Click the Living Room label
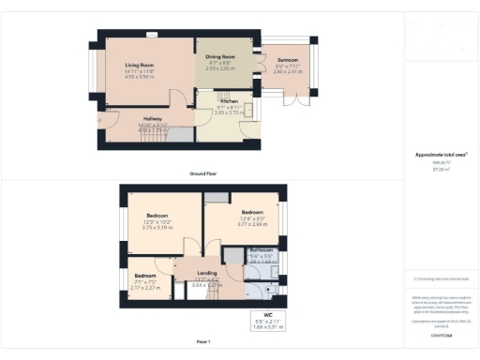point(140,64)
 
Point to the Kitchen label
point(228,100)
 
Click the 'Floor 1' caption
point(203,341)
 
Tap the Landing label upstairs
point(207,274)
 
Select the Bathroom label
point(261,250)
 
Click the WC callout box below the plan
point(266,320)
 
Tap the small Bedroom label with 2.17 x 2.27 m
point(146,276)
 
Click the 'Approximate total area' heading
point(441,154)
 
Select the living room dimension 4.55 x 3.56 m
point(140,77)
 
